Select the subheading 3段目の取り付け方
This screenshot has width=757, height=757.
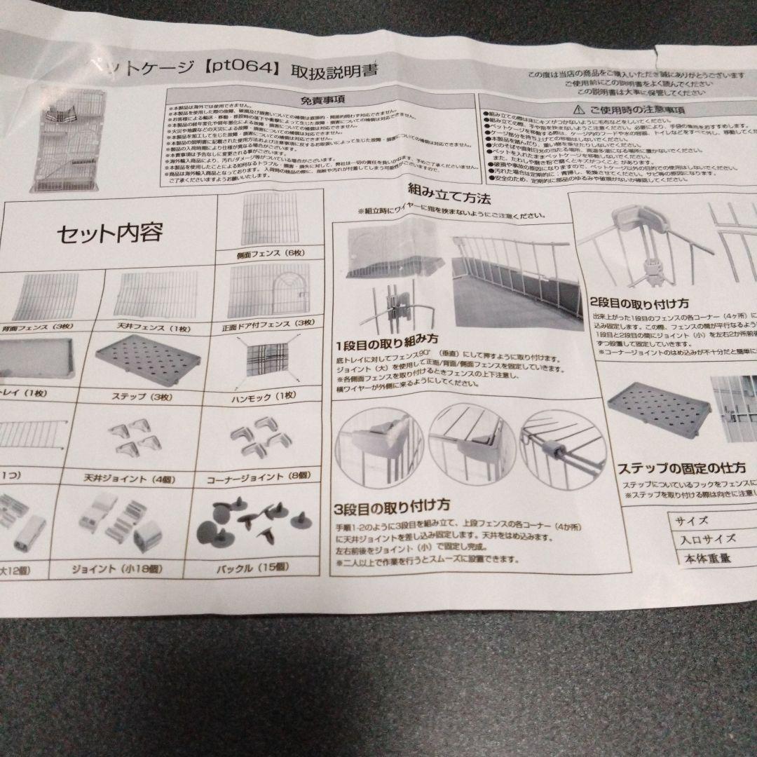tap(392, 505)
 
